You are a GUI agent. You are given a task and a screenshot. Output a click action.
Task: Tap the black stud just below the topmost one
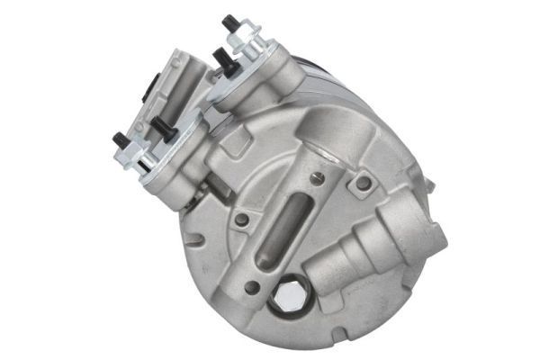220,60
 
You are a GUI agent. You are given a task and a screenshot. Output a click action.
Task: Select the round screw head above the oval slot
317,178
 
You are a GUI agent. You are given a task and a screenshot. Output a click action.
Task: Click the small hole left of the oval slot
242,219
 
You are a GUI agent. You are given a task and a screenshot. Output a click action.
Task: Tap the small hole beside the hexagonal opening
253,288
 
